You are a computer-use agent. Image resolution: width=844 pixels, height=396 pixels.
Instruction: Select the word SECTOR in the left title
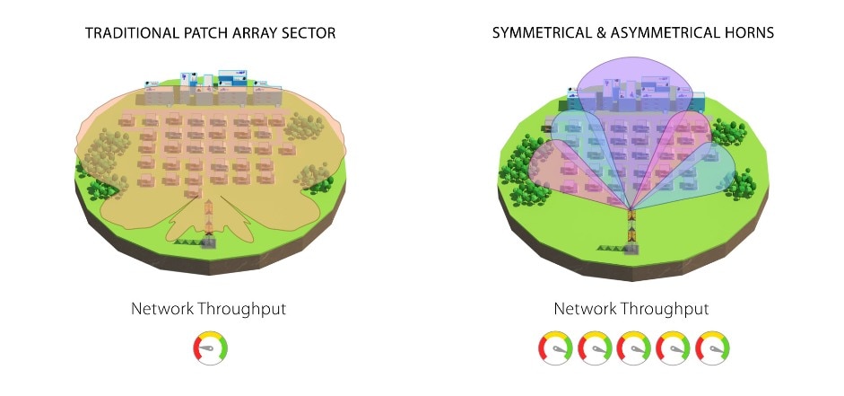point(310,33)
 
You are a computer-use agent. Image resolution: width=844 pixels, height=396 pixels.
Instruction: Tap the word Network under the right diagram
point(585,309)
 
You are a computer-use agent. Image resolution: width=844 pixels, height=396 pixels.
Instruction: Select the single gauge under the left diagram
point(211,348)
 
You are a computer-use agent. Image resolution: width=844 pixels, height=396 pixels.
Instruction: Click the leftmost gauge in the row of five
point(555,348)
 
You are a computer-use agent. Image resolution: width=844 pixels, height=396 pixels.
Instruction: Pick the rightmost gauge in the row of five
point(713,348)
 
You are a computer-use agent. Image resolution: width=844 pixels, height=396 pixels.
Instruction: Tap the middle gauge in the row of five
point(634,348)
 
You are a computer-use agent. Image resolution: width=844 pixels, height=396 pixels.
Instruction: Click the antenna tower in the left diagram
point(209,224)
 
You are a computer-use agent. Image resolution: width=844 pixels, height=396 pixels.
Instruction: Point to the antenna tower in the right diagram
point(632,232)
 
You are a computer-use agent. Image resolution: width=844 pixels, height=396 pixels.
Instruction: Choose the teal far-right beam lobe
point(700,172)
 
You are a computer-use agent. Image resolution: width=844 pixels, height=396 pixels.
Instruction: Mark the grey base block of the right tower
point(632,250)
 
